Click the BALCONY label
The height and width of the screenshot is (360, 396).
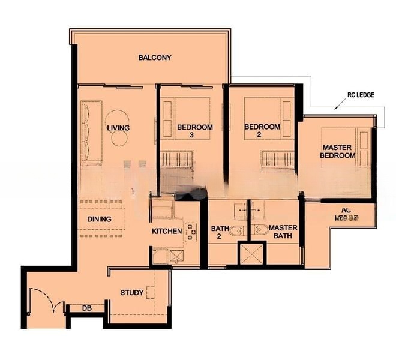coord(155,58)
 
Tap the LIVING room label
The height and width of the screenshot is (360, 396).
coord(118,128)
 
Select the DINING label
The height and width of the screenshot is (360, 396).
coord(98,219)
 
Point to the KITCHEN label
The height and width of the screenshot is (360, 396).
coord(167,231)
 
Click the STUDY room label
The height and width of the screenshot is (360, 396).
coord(131,293)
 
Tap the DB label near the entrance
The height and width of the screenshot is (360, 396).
coord(86,308)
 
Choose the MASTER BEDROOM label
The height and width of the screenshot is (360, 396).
coord(339,151)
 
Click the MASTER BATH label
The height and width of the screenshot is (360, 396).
coord(280,232)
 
